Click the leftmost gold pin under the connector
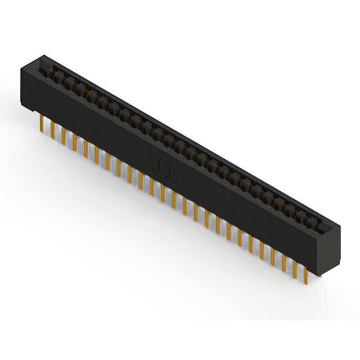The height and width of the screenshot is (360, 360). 42,123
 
